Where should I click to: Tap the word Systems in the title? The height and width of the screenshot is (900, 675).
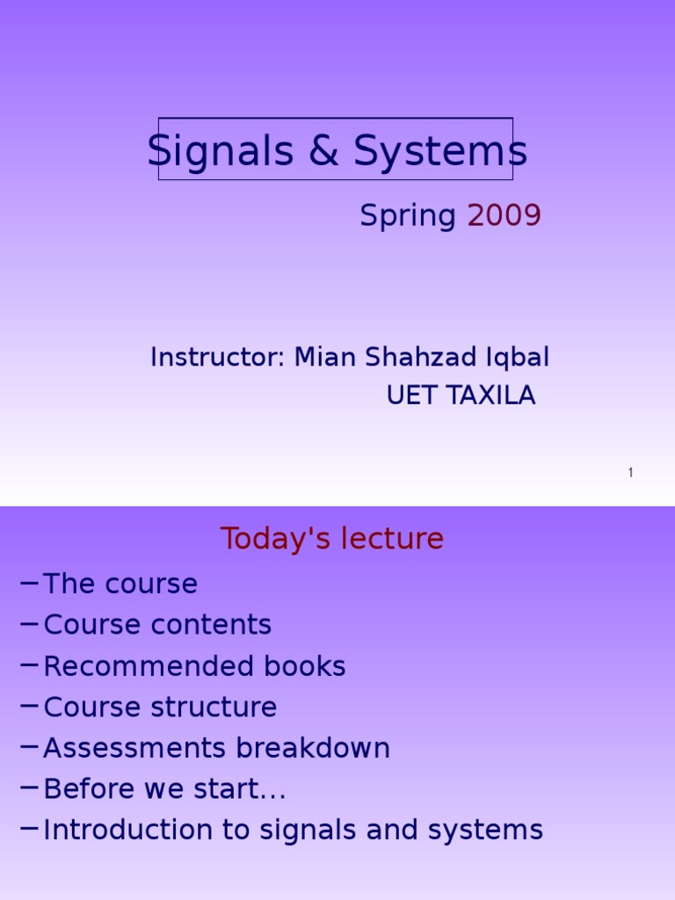pos(440,151)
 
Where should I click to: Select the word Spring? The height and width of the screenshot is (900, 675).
pos(408,216)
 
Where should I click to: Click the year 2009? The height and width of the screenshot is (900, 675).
pos(504,215)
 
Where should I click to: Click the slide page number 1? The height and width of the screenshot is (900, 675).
pos(630,473)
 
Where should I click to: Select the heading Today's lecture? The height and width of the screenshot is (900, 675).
pos(332,539)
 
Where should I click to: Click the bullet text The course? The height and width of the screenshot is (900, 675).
pos(120,584)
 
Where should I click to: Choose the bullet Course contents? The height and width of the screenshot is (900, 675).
pos(157,625)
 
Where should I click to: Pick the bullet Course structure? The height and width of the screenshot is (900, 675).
pos(160,708)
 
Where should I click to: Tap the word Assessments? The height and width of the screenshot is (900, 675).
pos(134,749)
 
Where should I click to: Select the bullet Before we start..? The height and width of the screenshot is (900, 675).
pos(164,789)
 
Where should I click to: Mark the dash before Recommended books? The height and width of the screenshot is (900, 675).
pos(27,664)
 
